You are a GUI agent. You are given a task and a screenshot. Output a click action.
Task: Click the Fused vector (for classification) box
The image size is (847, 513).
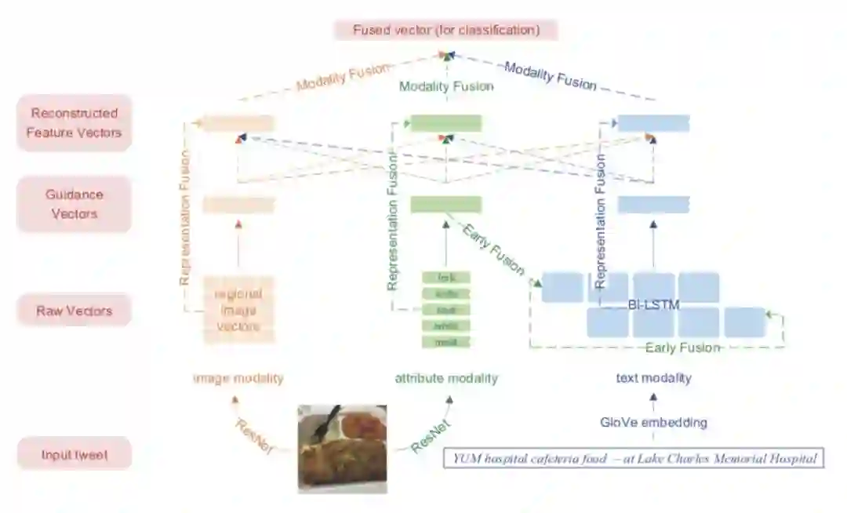[445, 31]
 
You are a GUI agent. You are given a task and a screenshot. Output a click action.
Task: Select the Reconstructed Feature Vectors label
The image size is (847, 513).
[74, 122]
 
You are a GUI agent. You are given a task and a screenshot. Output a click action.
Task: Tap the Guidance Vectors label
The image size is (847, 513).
[74, 204]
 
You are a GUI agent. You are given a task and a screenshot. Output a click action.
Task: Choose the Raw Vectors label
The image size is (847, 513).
[74, 311]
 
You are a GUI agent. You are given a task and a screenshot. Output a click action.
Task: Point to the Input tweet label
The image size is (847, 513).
[74, 454]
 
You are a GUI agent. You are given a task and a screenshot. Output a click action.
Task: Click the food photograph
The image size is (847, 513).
[343, 448]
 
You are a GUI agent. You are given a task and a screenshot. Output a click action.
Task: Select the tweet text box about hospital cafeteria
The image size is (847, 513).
[634, 459]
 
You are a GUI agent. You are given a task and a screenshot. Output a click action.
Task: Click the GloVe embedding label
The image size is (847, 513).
[653, 423]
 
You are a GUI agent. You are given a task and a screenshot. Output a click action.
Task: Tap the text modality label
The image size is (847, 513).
[653, 378]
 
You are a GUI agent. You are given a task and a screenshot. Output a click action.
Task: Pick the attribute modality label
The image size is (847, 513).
[445, 378]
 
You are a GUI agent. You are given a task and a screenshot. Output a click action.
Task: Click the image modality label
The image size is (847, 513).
[238, 378]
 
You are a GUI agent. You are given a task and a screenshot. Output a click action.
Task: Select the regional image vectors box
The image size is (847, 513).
[238, 310]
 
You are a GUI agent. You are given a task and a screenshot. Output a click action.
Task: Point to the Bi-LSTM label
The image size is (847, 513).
[653, 304]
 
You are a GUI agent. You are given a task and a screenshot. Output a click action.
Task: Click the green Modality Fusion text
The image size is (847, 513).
[445, 86]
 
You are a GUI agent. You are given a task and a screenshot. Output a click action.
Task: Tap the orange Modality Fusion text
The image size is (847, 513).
[342, 77]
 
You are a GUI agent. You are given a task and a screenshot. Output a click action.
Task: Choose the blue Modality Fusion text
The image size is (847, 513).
[550, 75]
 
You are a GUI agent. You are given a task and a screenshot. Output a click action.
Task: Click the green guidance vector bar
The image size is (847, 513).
[445, 205]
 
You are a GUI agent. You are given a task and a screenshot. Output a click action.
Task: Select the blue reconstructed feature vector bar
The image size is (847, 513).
[653, 123]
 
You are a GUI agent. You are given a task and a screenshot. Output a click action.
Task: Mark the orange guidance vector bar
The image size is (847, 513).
[238, 205]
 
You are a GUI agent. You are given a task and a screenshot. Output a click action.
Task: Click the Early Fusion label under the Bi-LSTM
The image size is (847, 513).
[682, 347]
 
